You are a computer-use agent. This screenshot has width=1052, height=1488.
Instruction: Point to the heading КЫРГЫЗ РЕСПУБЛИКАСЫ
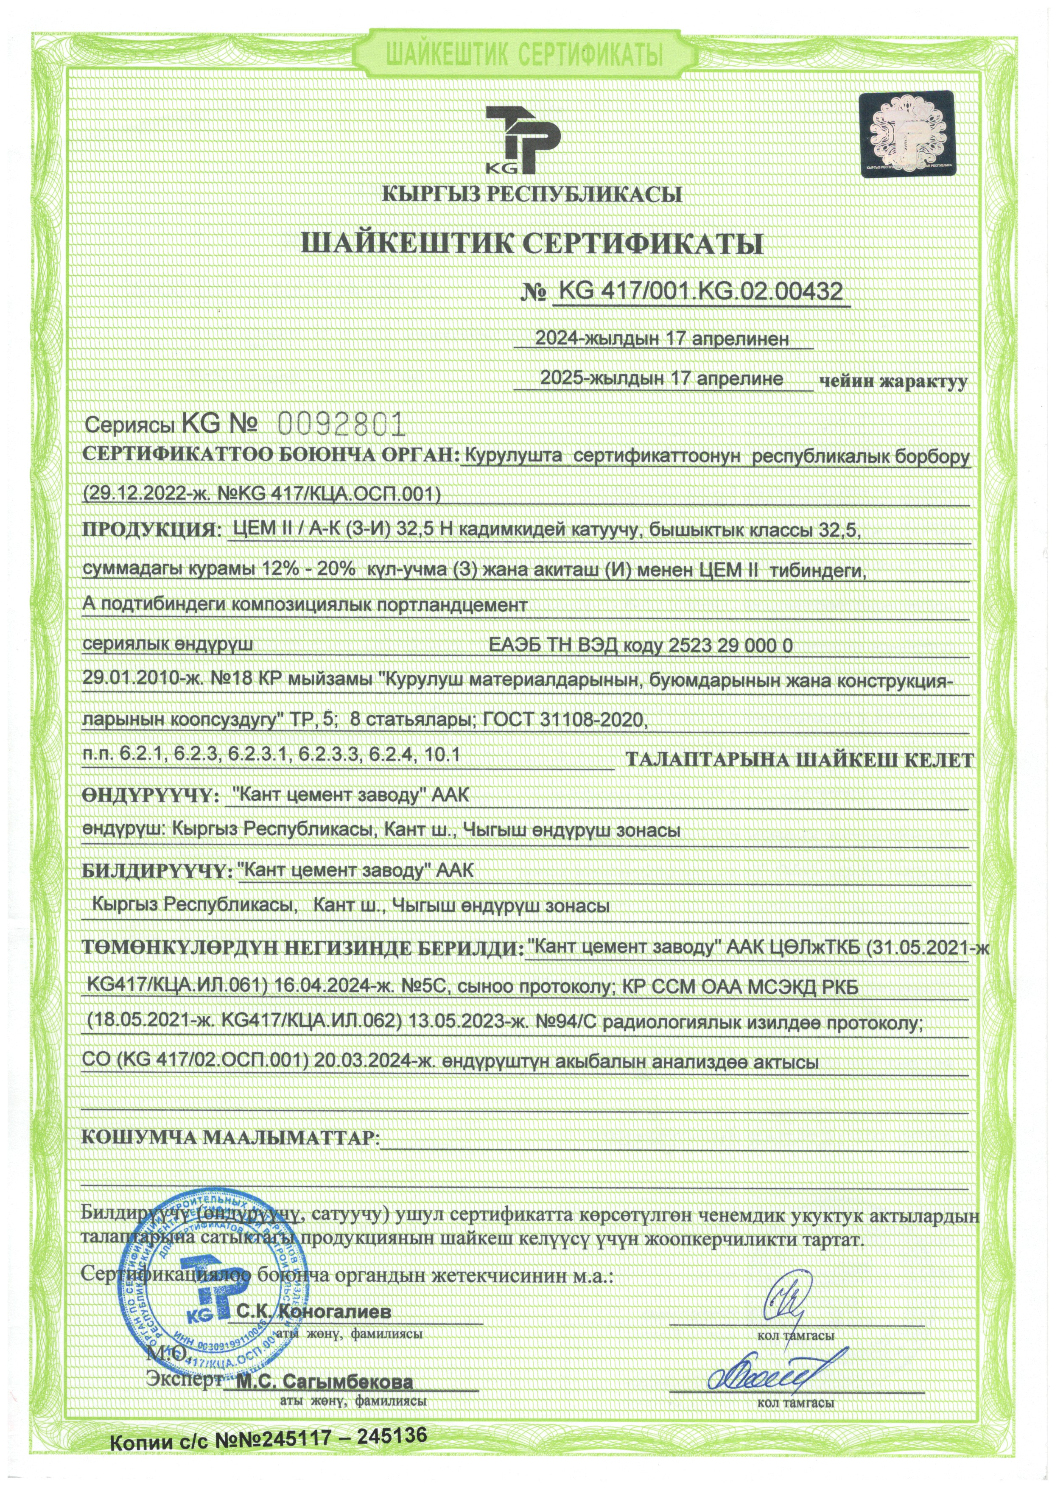pyautogui.click(x=532, y=194)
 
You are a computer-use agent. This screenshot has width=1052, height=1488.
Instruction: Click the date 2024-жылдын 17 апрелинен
pyautogui.click(x=663, y=338)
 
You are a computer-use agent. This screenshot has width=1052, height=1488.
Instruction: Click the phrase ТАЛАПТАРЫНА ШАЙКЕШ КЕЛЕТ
pyautogui.click(x=799, y=760)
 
